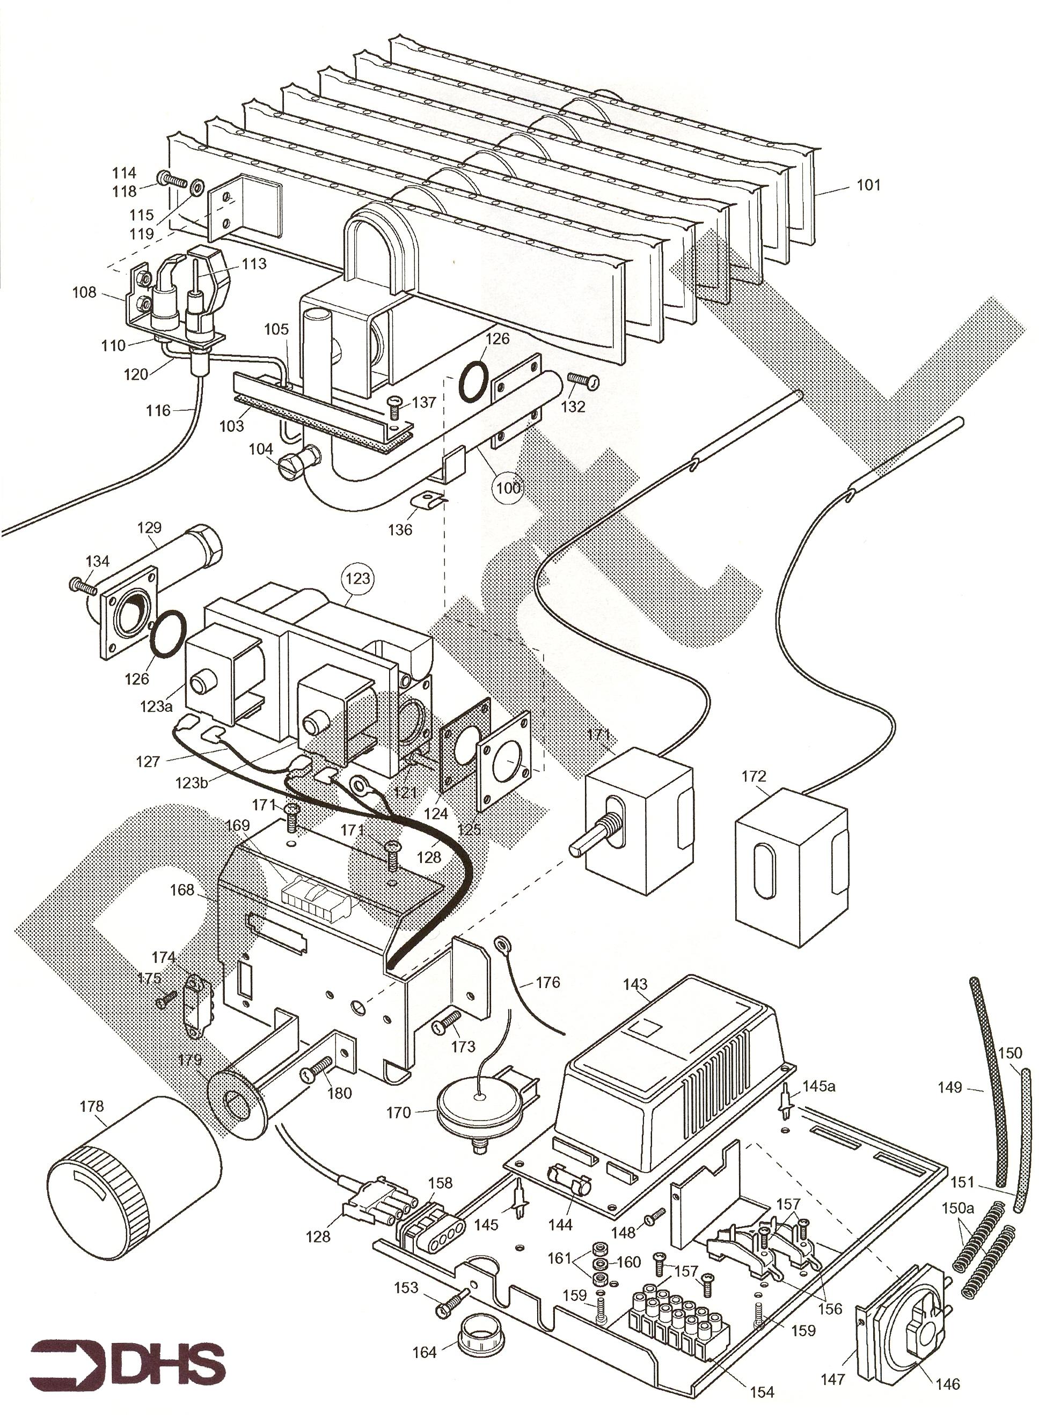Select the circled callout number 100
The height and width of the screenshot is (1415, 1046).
[508, 487]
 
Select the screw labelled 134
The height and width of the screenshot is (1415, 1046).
[82, 586]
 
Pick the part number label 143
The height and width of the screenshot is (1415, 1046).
[635, 984]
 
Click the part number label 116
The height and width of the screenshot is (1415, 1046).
[158, 411]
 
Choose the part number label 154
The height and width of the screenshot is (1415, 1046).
[762, 1391]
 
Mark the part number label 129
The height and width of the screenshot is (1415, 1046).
[149, 527]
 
